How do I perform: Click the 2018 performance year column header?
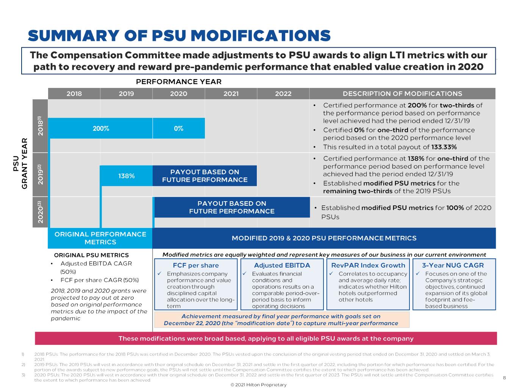[x=74, y=94]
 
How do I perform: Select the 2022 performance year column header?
[x=283, y=94]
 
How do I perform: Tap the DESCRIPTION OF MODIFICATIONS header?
[x=402, y=94]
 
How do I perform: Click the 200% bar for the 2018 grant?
[x=101, y=128]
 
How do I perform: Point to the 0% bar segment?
[x=178, y=128]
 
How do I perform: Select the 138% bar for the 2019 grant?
[x=126, y=176]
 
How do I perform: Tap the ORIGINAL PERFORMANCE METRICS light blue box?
[x=100, y=238]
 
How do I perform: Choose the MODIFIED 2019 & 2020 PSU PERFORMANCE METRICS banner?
[x=324, y=238]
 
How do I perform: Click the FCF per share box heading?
[x=196, y=265]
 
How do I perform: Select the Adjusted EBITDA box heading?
[x=282, y=265]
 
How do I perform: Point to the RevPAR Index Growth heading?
[x=368, y=265]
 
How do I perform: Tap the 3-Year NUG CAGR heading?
[x=453, y=265]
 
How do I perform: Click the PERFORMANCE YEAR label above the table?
[x=179, y=81]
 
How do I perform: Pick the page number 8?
[x=504, y=377]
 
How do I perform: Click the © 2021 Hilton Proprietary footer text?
[x=258, y=385]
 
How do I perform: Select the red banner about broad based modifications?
[x=266, y=338]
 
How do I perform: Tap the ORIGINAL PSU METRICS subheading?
[x=91, y=255]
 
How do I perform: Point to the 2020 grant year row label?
[x=41, y=212]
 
